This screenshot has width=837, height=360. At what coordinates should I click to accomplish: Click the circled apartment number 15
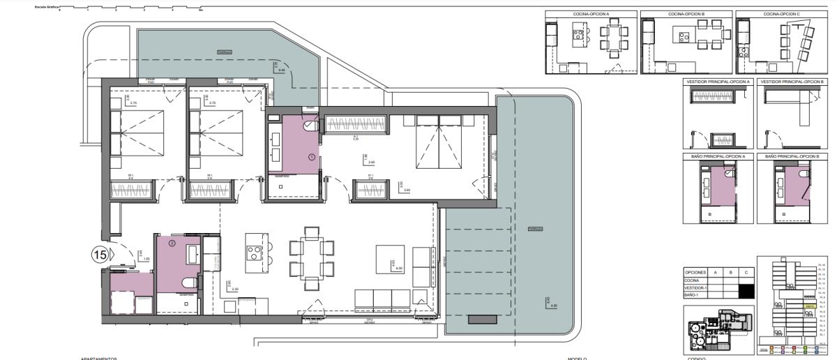(x=99, y=255)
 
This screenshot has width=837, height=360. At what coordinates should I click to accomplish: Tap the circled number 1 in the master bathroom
(x=312, y=158)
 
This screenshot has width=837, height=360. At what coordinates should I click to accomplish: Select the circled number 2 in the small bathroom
(x=172, y=243)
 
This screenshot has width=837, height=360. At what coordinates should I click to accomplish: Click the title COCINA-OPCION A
(x=590, y=14)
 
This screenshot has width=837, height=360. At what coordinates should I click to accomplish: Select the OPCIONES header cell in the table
(x=696, y=272)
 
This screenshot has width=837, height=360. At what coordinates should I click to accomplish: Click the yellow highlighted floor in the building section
(x=809, y=306)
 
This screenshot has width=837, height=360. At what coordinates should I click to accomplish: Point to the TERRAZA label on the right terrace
(x=535, y=229)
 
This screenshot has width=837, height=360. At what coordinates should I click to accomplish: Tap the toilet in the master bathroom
(x=310, y=126)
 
